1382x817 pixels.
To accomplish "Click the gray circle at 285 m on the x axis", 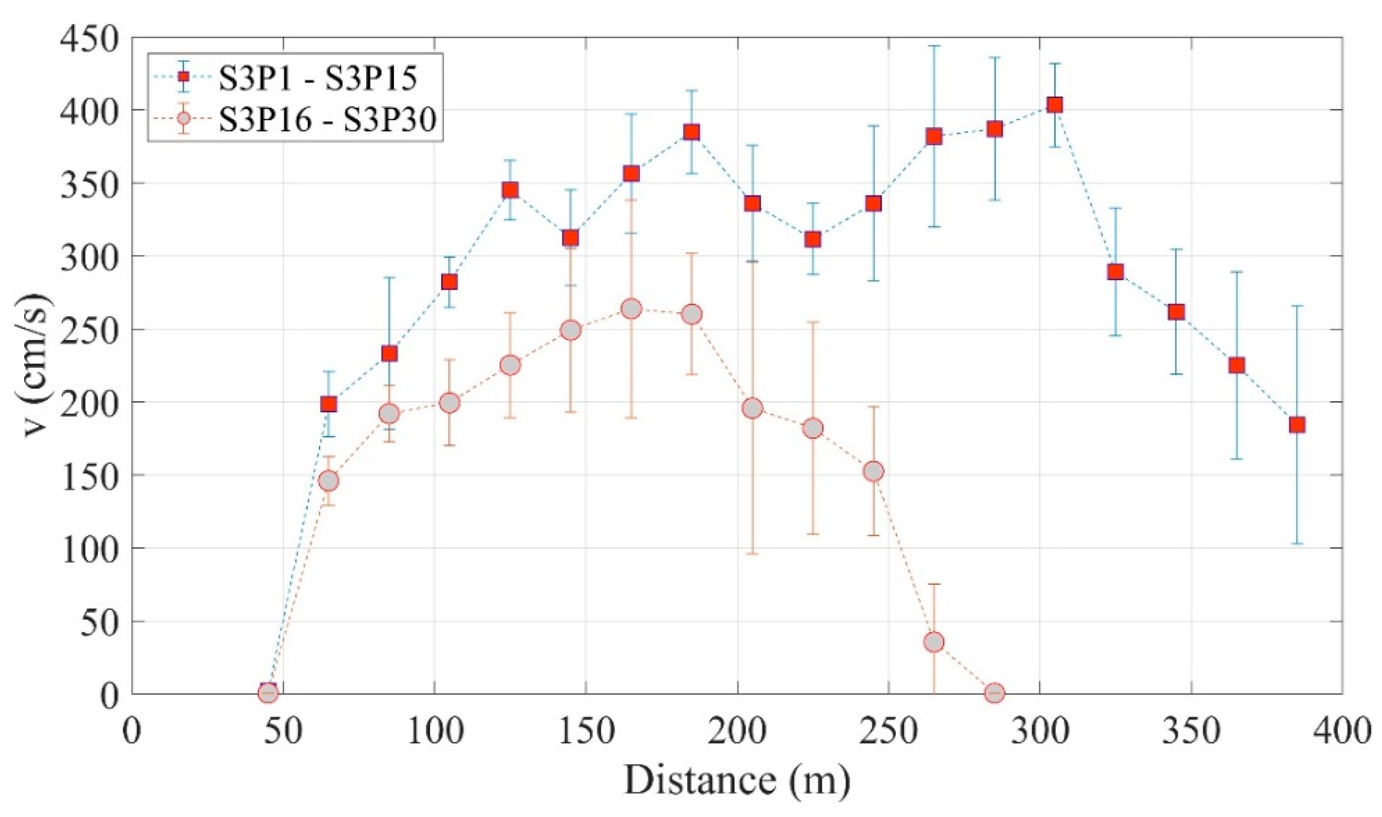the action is point(994,693).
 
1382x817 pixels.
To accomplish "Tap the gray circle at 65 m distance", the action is point(329,481).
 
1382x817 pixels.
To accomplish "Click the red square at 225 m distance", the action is point(813,239).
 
